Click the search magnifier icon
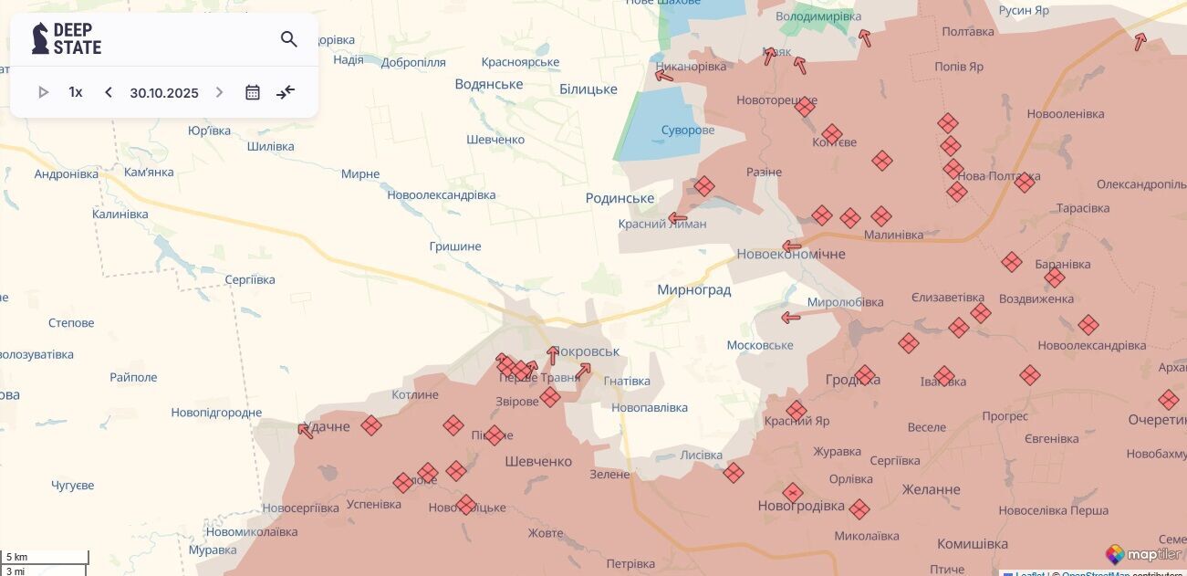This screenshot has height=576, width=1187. pos(289,39)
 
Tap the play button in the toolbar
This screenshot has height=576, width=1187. pos(43,92)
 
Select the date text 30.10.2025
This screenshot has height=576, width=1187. pos(164,92)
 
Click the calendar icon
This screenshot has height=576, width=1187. pos(253,92)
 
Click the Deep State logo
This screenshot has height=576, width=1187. pos(67,39)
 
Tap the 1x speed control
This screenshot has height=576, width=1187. pos(76,92)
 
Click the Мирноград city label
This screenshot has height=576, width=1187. pos(693,290)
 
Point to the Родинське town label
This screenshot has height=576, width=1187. pos(620,198)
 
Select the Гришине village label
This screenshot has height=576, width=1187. pos(454,246)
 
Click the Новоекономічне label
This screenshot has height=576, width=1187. pos(791,254)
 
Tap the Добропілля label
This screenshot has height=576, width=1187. pos(413,62)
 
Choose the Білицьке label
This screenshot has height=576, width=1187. pos(588,89)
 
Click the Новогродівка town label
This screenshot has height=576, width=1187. pos(801,506)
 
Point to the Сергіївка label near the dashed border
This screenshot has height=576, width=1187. pos(249,279)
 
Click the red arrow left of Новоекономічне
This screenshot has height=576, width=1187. pos(792,246)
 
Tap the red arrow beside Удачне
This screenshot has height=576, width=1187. pos(306,430)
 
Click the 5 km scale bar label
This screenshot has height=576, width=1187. pos(17,557)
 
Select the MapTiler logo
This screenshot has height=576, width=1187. pos(1145,554)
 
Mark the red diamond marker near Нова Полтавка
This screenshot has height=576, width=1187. pos(1025,182)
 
